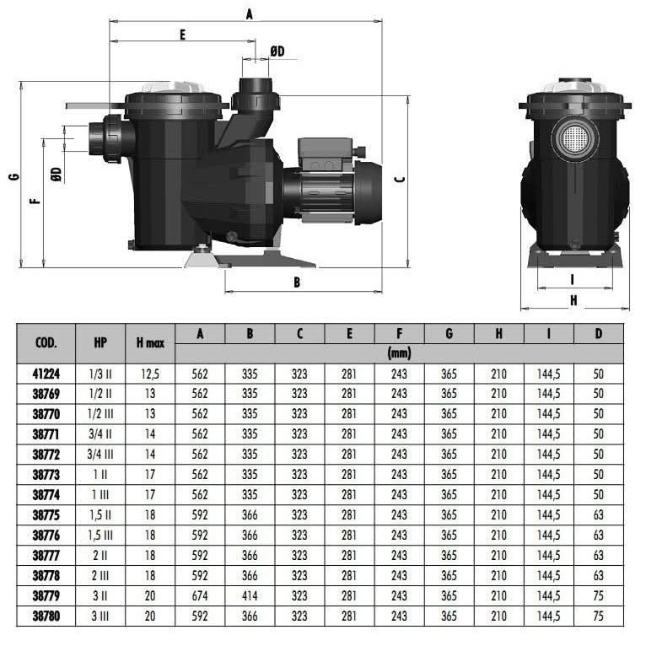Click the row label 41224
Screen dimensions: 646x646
pos(46,374)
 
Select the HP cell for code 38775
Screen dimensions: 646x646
pos(100,515)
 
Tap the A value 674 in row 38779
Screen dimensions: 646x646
pos(200,595)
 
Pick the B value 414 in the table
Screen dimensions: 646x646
pos(250,595)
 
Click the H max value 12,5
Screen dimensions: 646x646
pos(150,374)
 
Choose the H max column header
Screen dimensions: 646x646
pos(150,342)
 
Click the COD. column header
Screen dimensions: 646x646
pos(46,342)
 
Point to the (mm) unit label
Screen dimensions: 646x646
pos(399,353)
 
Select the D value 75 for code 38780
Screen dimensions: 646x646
pos(598,616)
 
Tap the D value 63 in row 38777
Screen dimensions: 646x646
pos(598,556)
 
